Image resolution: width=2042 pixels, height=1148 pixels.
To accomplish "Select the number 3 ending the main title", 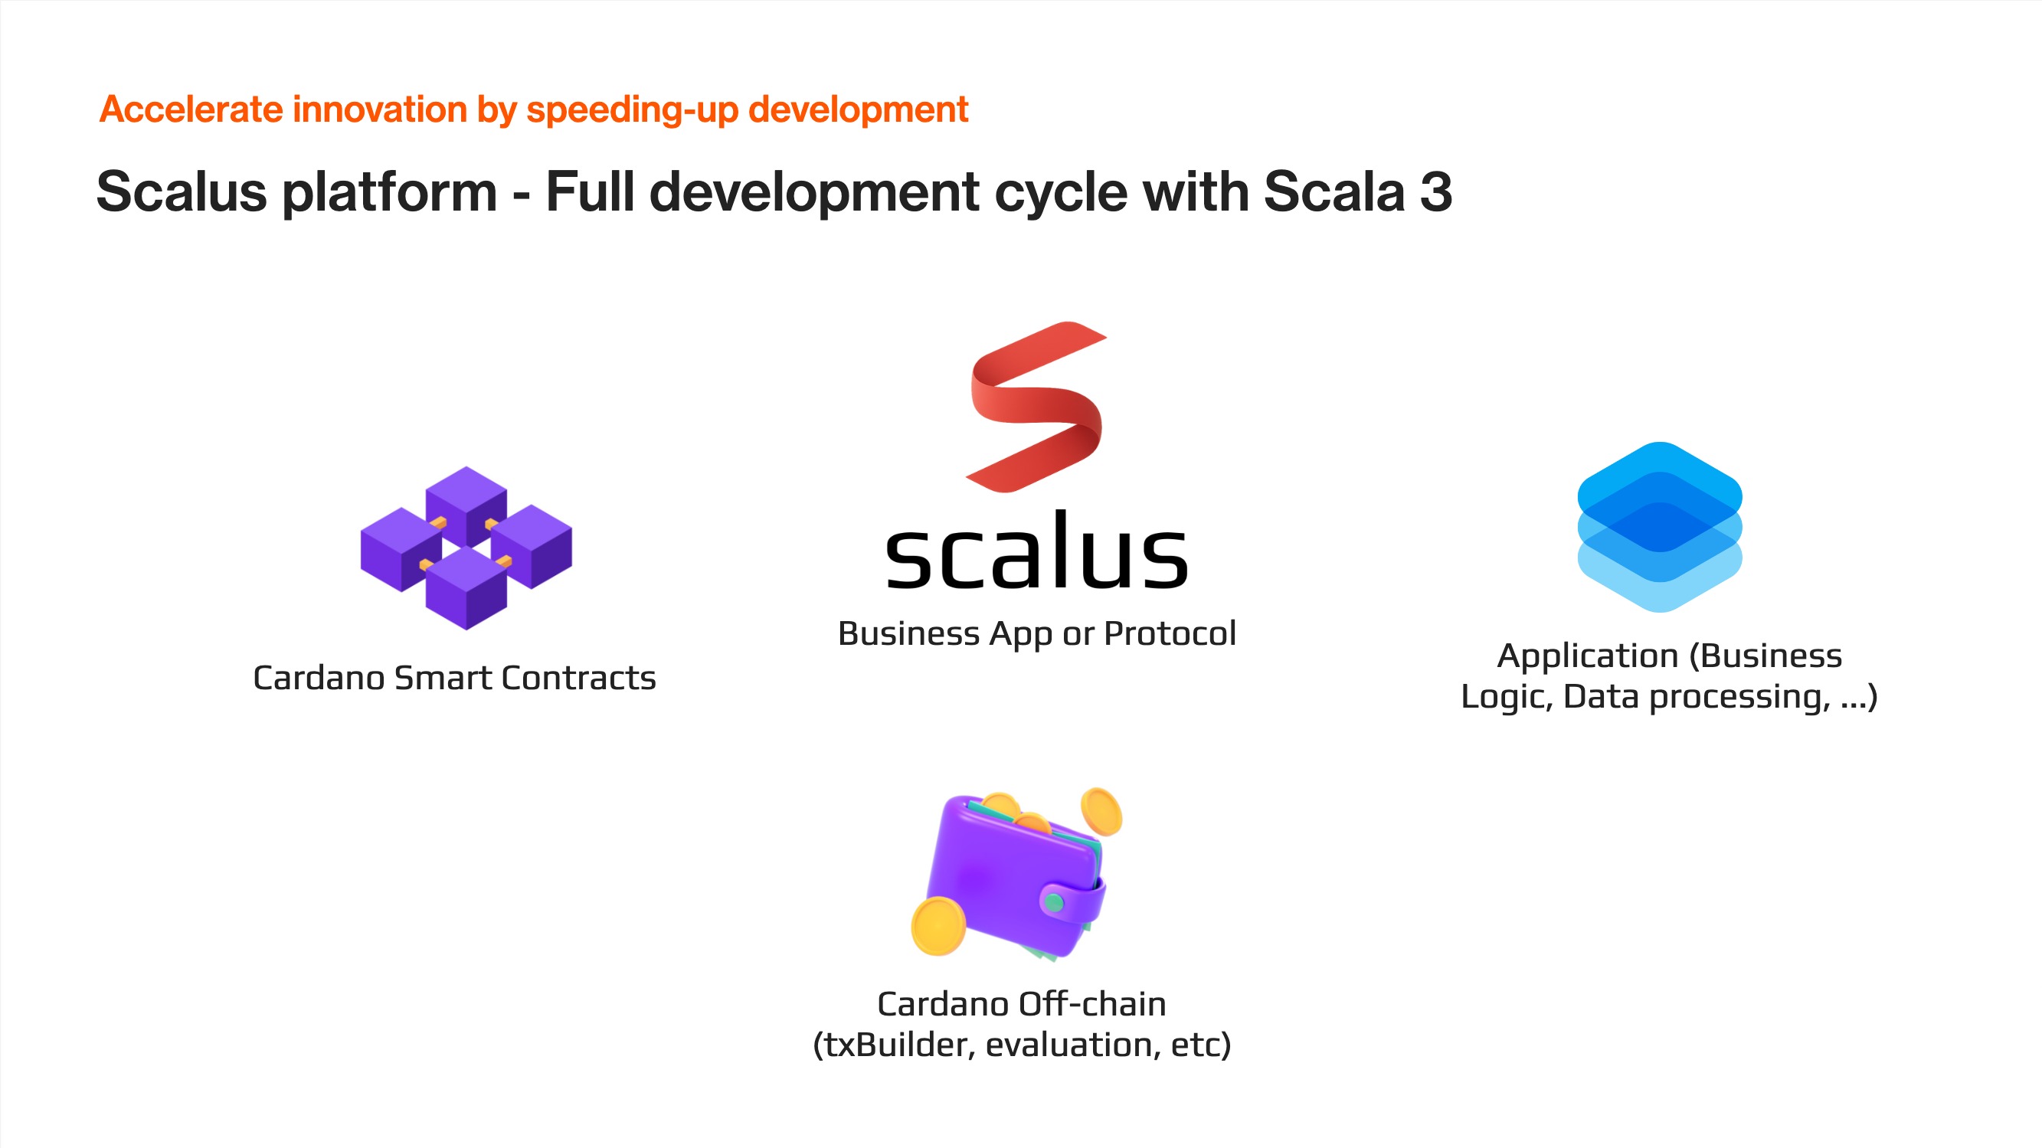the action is [x=1435, y=192].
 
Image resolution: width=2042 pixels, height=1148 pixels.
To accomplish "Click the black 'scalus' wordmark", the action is [x=1036, y=549].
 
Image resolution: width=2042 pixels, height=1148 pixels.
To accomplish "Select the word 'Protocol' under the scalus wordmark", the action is [x=1170, y=633].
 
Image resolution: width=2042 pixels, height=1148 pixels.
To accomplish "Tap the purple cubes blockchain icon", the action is [x=466, y=548].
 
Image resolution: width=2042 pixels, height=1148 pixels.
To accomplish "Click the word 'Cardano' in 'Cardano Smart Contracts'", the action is [x=319, y=678].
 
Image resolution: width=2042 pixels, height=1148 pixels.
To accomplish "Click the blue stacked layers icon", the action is [x=1659, y=526].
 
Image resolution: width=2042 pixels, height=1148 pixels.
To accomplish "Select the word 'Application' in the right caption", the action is [x=1588, y=657].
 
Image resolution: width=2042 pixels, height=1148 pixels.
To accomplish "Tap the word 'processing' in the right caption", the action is [x=1740, y=698].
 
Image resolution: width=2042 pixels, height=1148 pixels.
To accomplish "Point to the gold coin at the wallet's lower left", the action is [x=938, y=926].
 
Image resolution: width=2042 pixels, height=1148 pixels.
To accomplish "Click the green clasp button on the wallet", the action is [x=1053, y=902].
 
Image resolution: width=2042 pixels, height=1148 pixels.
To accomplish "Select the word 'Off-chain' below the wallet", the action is [x=1094, y=1005].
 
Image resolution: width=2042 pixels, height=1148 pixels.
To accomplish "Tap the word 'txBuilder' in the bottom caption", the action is [x=893, y=1045].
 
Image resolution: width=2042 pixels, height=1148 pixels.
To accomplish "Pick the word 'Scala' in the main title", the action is [x=1334, y=192].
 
